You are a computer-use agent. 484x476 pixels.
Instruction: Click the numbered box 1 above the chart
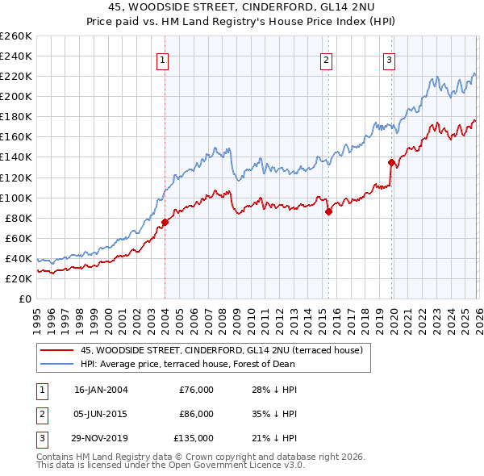point(163,60)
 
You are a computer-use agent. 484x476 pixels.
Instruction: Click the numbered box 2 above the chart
point(326,60)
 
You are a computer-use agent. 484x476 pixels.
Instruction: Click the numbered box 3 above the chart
point(389,60)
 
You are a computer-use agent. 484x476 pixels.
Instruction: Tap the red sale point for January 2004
point(165,221)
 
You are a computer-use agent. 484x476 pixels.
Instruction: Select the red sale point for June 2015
point(328,211)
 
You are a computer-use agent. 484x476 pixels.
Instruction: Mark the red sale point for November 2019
point(392,161)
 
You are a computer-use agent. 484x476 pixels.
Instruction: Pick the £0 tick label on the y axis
point(24,299)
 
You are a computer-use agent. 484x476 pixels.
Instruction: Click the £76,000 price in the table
point(196,390)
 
